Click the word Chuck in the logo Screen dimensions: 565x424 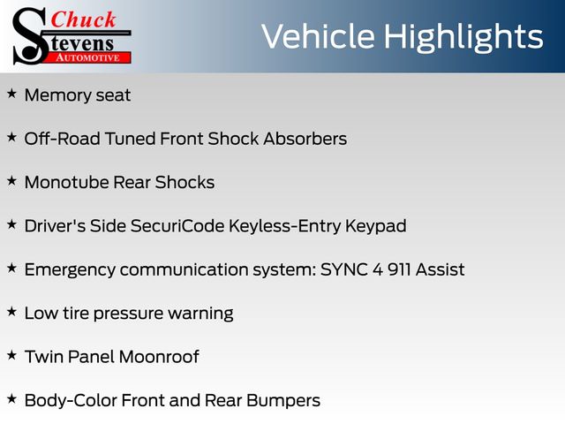[x=83, y=19]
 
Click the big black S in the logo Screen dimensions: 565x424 [x=30, y=36]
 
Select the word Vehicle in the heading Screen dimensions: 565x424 [x=318, y=36]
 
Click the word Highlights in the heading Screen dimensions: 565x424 [x=463, y=37]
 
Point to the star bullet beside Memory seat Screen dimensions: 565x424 [x=11, y=94]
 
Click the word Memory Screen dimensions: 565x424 [x=57, y=96]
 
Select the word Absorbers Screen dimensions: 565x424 [x=305, y=139]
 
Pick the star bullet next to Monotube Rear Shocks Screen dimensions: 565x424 [x=11, y=180]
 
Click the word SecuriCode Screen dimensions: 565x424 [x=177, y=226]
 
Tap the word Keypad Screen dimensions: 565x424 [x=376, y=227]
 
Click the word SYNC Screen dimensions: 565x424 [x=344, y=269]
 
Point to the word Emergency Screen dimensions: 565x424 [x=70, y=270]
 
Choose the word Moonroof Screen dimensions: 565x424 [x=159, y=357]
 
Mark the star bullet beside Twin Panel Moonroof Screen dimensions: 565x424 [x=11, y=355]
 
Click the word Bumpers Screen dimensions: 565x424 [x=283, y=400]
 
